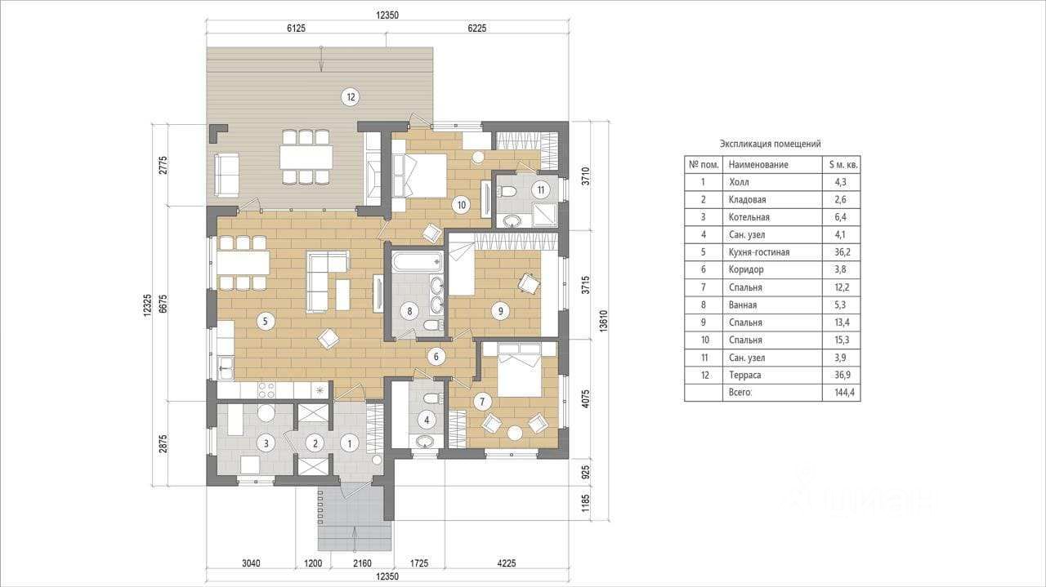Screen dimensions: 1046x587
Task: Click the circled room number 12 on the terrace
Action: (x=351, y=97)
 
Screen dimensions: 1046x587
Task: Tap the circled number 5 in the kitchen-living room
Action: (x=266, y=321)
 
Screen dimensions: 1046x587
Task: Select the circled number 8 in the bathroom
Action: (x=409, y=311)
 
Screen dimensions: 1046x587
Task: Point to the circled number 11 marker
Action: (x=541, y=190)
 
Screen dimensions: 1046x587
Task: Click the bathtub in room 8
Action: (x=418, y=262)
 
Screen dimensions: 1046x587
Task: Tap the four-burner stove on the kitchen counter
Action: (x=266, y=390)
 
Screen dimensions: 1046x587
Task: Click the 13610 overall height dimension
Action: (x=603, y=321)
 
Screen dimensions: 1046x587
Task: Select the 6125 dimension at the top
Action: (x=296, y=29)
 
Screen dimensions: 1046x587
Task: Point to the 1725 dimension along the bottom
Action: (x=419, y=563)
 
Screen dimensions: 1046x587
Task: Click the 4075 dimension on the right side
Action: (x=586, y=398)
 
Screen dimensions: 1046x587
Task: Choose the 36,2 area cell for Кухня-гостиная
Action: (x=843, y=252)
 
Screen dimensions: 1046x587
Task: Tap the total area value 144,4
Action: (x=845, y=393)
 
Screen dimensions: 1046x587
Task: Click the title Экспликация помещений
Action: (x=770, y=144)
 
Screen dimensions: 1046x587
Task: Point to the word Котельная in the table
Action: (x=749, y=217)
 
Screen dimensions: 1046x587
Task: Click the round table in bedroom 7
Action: (x=515, y=433)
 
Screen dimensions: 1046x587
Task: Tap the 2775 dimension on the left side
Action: (x=163, y=165)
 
